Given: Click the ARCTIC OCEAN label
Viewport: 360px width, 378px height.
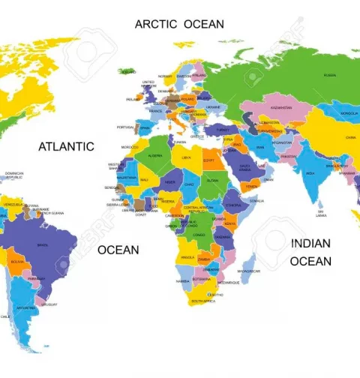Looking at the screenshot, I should pyautogui.click(x=178, y=24).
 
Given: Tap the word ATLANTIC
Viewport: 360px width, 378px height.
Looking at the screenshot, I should pyautogui.click(x=66, y=147).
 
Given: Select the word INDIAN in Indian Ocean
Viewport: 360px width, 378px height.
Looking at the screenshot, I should pyautogui.click(x=310, y=244).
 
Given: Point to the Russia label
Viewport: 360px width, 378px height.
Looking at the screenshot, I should pyautogui.click(x=329, y=75).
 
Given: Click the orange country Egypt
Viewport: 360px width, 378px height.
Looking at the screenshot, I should pyautogui.click(x=208, y=160).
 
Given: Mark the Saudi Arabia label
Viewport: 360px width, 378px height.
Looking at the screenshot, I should pyautogui.click(x=244, y=167).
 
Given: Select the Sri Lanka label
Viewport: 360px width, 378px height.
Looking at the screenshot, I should pyautogui.click(x=321, y=214).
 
